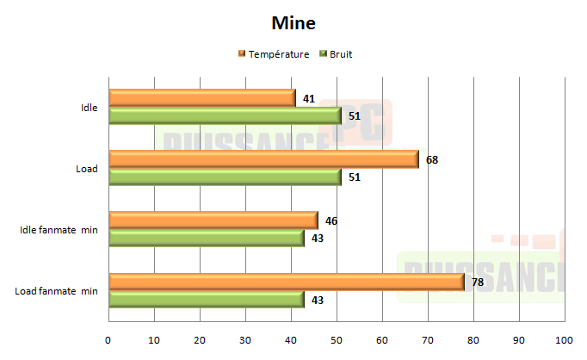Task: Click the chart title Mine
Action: [x=293, y=22]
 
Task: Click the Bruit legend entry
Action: [x=340, y=54]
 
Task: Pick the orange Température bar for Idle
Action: [x=202, y=98]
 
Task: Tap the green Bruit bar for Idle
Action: [x=225, y=115]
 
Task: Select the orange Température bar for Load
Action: [x=263, y=159]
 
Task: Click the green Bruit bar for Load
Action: [x=225, y=177]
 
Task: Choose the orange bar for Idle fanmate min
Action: [x=213, y=220]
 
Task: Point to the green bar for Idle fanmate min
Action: [x=207, y=238]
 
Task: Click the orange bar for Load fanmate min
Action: [x=287, y=282]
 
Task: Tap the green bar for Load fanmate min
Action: [x=207, y=299]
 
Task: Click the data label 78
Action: [x=479, y=282]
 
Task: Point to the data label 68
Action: [x=433, y=159]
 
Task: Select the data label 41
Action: [x=309, y=98]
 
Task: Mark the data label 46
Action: [x=331, y=220]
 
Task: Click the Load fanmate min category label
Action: [x=56, y=291]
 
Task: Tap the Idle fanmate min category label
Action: [x=59, y=230]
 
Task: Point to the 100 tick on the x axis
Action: [x=565, y=339]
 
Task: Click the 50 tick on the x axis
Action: [x=337, y=339]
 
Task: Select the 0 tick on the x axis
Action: [x=108, y=339]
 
